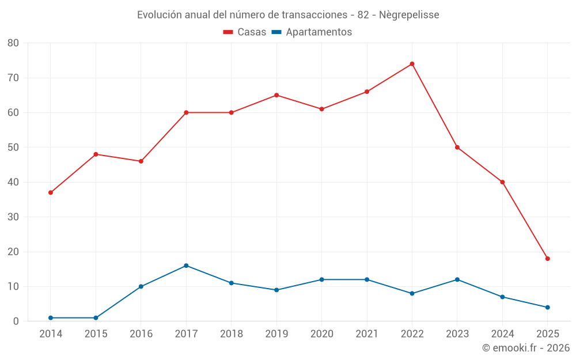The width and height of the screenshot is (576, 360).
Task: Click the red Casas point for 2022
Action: point(412,64)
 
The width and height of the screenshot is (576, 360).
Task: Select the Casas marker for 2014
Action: point(51,192)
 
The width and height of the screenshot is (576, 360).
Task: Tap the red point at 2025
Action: point(547,259)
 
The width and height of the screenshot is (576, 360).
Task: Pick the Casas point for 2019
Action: point(276,95)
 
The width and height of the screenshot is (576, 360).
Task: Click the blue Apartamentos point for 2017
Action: point(186,266)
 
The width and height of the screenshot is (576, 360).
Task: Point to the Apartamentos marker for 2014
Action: point(51,318)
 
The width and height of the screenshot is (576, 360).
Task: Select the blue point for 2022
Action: point(412,293)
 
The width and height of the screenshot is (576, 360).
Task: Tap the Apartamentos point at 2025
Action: point(547,308)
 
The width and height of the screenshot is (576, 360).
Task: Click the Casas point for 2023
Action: point(457,147)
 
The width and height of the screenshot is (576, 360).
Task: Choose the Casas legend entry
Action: point(245,32)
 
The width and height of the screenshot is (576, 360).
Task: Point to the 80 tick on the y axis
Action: point(13,43)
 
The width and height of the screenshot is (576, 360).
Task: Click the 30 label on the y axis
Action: point(13,217)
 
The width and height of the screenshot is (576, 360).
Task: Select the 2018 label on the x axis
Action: point(231,334)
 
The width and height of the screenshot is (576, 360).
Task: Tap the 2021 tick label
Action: point(367,334)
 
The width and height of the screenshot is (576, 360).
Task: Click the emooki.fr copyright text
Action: point(525,348)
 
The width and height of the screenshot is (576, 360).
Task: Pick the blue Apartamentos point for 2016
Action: point(141,286)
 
